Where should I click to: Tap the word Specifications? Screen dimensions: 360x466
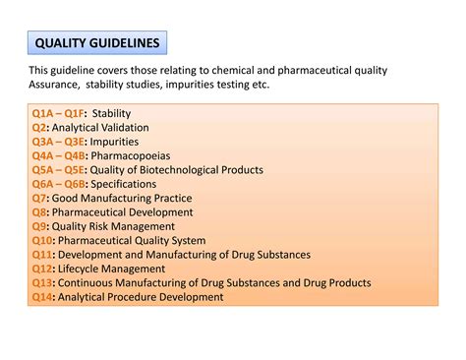[x=128, y=184]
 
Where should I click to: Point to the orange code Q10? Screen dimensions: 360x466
[x=42, y=240]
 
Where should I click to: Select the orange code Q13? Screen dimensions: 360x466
[x=42, y=283]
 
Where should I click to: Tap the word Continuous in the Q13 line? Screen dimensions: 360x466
[x=86, y=283]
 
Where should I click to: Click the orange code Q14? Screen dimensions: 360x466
[x=42, y=297]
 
